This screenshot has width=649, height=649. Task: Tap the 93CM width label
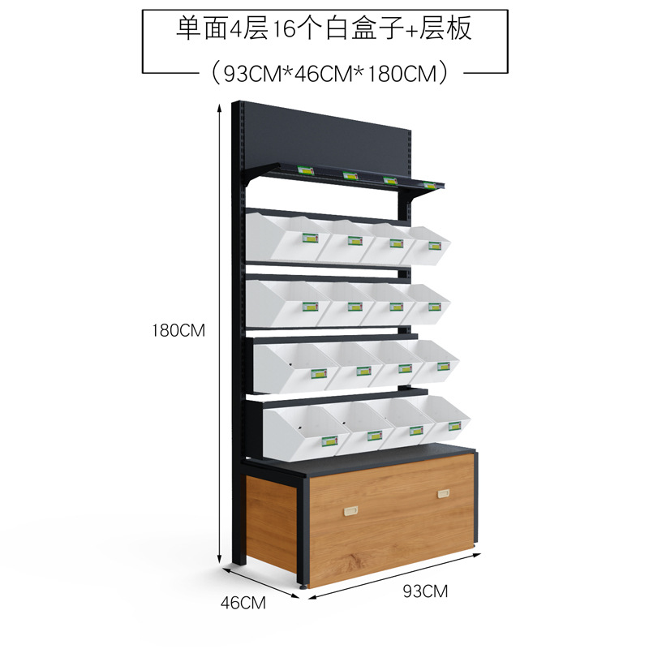point(425,591)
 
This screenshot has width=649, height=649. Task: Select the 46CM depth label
point(244,602)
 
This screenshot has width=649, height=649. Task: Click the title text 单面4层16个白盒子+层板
point(324,30)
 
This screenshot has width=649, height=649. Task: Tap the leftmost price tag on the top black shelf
point(305,170)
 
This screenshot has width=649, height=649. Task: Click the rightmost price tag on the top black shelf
point(428,185)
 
